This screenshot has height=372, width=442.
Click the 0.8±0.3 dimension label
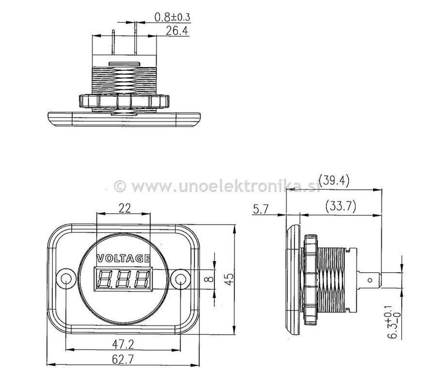172,17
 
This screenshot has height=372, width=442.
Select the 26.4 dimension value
176,31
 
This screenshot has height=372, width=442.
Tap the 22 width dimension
124,208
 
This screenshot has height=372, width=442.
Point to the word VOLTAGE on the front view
123,258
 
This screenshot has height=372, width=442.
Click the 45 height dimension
230,278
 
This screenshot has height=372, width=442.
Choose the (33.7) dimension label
341,206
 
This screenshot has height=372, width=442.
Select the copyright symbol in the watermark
120,186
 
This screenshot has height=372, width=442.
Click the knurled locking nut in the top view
124,101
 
